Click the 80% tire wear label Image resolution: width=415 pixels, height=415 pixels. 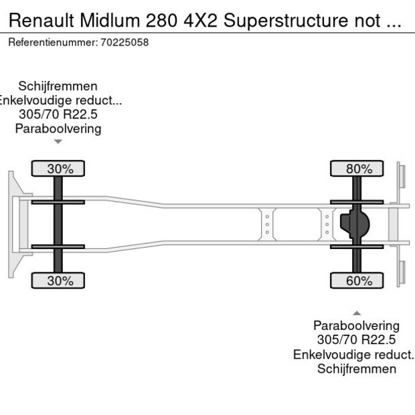pyautogui.click(x=358, y=169)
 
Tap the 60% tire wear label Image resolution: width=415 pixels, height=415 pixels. pyautogui.click(x=358, y=280)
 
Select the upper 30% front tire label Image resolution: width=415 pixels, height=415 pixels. pyautogui.click(x=60, y=169)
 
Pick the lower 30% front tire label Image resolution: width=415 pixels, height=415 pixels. pyautogui.click(x=60, y=280)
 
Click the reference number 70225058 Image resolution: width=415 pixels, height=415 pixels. pyautogui.click(x=124, y=42)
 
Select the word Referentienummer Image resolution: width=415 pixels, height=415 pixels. pyautogui.click(x=52, y=42)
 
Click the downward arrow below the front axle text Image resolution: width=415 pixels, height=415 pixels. pyautogui.click(x=58, y=141)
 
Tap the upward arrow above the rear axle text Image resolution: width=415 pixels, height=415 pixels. pyautogui.click(x=357, y=313)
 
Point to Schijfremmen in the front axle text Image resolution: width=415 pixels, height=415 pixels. pyautogui.click(x=58, y=86)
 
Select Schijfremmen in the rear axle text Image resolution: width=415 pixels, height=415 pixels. pyautogui.click(x=357, y=369)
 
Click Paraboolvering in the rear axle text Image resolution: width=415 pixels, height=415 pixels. pyautogui.click(x=357, y=325)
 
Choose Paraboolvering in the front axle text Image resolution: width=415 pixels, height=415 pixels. pyautogui.click(x=58, y=129)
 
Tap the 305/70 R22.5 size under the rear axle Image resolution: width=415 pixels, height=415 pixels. pyautogui.click(x=357, y=340)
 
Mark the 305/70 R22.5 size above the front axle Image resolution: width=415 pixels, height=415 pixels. pyautogui.click(x=58, y=114)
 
